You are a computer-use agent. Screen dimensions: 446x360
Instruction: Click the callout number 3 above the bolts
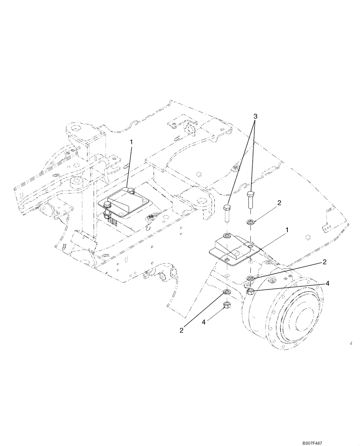255,116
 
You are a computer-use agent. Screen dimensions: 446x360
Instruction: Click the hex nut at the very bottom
227,305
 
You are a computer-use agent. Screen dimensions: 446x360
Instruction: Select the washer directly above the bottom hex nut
227,293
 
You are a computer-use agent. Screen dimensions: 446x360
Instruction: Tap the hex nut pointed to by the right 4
250,292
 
